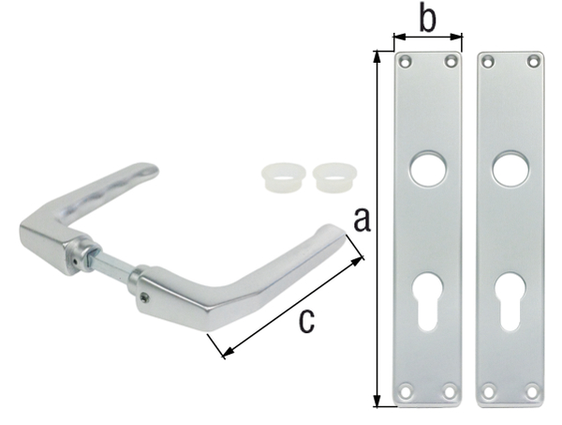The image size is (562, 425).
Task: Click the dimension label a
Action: tap(362, 222)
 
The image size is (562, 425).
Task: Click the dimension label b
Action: tap(427, 18)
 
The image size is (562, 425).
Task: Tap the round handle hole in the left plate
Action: tap(427, 168)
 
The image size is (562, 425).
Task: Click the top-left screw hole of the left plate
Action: tap(406, 62)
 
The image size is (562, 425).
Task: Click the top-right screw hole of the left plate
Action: tap(450, 62)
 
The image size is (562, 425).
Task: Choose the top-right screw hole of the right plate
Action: tap(532, 62)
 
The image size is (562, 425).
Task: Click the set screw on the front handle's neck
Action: tap(143, 298)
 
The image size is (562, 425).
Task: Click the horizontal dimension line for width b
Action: tap(428, 38)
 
